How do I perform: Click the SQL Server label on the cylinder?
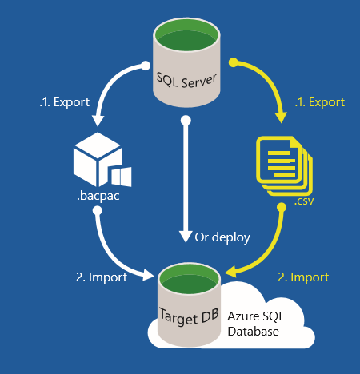[186, 80]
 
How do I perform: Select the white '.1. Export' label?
[65, 102]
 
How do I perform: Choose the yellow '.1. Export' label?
[320, 102]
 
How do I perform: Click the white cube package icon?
[98, 159]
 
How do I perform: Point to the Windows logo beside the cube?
[122, 177]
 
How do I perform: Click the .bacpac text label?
[98, 197]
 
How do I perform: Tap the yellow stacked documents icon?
[284, 166]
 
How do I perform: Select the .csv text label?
[304, 201]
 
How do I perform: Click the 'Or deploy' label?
[222, 237]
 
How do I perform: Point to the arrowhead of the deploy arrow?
[186, 237]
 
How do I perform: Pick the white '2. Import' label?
[102, 277]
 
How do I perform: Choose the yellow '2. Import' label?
[303, 277]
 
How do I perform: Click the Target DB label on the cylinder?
[189, 316]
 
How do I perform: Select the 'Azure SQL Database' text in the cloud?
[256, 324]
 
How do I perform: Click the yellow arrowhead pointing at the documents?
[281, 117]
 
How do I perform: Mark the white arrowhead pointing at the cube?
[98, 121]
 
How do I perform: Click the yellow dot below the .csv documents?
[282, 207]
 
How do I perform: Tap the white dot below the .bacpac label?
[98, 211]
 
